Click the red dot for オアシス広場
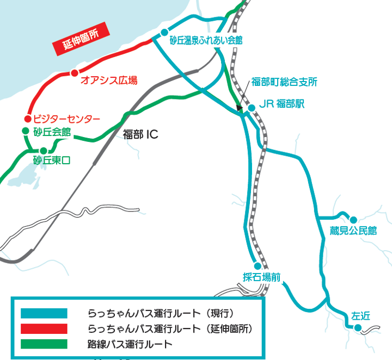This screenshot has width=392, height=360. coord(74,73)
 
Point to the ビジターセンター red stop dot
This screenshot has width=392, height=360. coord(28,119)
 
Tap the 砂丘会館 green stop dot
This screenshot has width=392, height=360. coord(25,131)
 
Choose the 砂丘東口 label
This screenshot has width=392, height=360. coord(52,160)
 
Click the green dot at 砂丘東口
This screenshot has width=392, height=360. coord(43,151)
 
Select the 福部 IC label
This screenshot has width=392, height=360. coord(140,134)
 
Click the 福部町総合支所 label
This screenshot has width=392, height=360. coord(284,82)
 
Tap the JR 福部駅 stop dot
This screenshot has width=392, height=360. coord(252,108)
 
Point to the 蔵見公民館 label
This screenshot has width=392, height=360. coord(353,231)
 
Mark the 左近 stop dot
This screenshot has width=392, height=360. coord(358,327)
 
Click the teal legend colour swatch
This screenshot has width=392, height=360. coord(44,313)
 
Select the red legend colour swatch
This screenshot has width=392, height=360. coord(44,328)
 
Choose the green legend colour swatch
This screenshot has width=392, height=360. coord(44,344)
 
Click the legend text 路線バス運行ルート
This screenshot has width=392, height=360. coord(130,344)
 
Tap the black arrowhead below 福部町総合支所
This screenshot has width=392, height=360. coord(240,109)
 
